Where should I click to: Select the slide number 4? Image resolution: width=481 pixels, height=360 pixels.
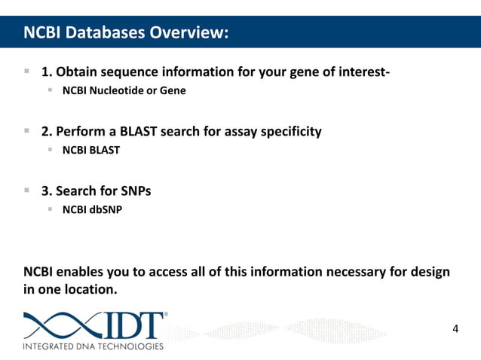coord(455,328)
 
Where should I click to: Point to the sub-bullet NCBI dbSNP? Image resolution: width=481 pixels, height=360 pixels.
coord(91,209)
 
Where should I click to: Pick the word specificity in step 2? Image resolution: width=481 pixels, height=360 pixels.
coord(290,132)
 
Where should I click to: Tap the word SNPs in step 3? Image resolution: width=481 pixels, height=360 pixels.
coord(136,191)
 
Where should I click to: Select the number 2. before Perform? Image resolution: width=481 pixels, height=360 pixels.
coord(46,132)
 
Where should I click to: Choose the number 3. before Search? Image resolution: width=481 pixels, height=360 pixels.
coord(46,191)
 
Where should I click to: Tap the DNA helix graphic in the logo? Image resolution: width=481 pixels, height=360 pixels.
coord(60,325)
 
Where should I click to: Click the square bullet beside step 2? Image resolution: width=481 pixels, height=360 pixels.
coord(26,131)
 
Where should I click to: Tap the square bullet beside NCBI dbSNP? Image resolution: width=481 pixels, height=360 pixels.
coord(51,209)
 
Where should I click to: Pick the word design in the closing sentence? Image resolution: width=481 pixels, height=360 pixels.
coord(429,272)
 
